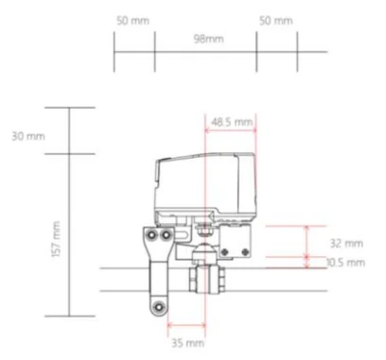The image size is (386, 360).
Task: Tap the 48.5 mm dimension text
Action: click(x=231, y=123)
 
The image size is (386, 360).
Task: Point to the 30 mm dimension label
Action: click(x=28, y=137)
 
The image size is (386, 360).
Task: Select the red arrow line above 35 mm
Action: click(x=185, y=330)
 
